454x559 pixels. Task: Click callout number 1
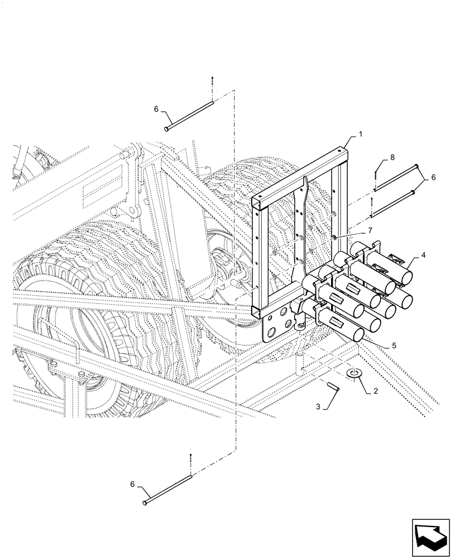pyautogui.click(x=361, y=135)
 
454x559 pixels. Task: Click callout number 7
pyautogui.click(x=369, y=230)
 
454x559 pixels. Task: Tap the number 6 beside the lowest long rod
pyautogui.click(x=134, y=485)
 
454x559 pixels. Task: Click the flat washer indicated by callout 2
pyautogui.click(x=353, y=373)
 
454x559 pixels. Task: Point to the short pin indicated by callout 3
pyautogui.click(x=333, y=386)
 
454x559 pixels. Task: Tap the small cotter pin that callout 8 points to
pyautogui.click(x=373, y=178)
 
